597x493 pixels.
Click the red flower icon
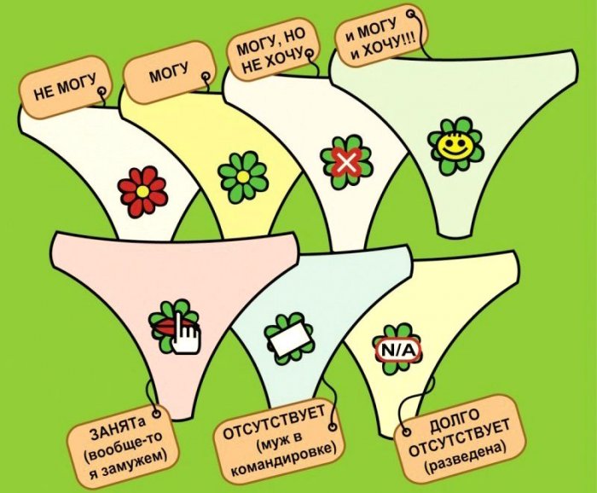click(x=142, y=192)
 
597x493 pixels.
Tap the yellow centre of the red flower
click(x=142, y=192)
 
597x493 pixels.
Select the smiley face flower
click(x=455, y=145)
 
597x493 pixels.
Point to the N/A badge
click(x=397, y=350)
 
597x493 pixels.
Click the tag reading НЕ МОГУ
click(x=66, y=88)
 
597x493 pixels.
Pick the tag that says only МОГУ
click(x=169, y=72)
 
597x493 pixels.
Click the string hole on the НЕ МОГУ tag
click(x=101, y=91)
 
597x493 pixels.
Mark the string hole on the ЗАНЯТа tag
click(x=155, y=414)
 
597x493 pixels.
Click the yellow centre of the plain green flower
click(x=242, y=177)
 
